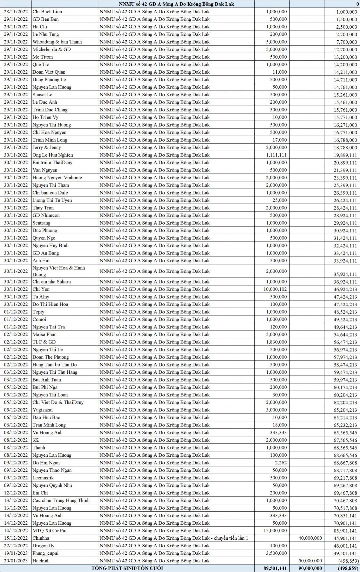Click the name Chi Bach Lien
point(47,12)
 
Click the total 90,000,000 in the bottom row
point(308,568)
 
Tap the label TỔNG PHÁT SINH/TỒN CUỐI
point(127,568)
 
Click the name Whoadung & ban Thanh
point(57,42)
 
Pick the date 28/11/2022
point(16,12)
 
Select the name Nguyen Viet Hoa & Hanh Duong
point(59,271)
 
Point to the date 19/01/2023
point(16,553)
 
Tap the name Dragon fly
point(43,546)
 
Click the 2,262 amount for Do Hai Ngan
point(281,463)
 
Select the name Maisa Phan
point(44,334)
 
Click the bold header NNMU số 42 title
point(176,4)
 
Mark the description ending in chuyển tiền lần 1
point(174,538)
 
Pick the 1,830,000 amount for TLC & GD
point(276,342)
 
